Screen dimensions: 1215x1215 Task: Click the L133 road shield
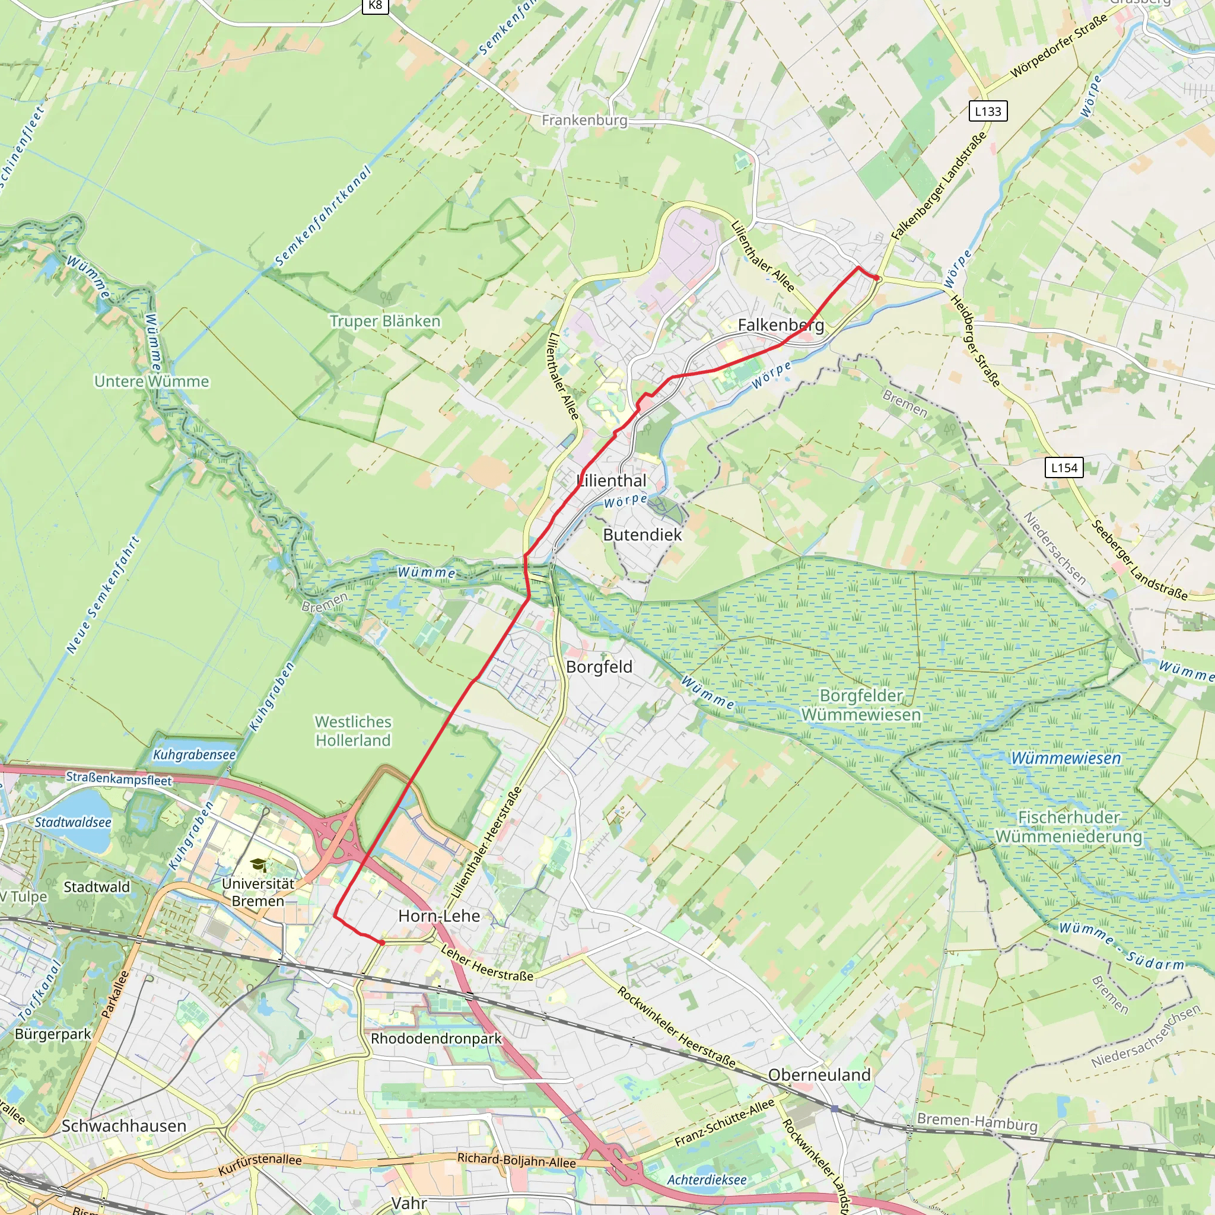pos(988,112)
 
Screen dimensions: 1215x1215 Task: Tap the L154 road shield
pos(1064,468)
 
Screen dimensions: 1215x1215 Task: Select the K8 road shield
pos(376,6)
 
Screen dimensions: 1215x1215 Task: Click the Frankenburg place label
pos(584,120)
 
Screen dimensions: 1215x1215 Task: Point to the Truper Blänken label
pos(385,322)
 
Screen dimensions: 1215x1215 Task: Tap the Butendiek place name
pos(642,535)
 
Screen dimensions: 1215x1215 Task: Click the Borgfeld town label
pos(599,667)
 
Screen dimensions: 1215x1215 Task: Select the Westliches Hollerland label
pos(353,731)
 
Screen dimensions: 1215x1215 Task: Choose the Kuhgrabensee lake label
pos(195,755)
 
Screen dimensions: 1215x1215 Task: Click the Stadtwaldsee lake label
pos(73,822)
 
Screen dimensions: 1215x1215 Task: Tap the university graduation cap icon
pos(258,866)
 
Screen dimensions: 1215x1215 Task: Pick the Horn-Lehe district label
pos(439,915)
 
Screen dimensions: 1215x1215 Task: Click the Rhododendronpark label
pos(436,1038)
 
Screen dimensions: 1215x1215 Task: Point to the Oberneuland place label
pos(819,1075)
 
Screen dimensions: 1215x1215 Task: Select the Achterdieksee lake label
pos(707,1180)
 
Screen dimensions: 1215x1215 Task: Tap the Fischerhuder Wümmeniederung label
pos(1069,827)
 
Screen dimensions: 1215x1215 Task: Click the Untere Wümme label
pos(151,381)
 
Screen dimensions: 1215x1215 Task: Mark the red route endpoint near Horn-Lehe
pos(381,943)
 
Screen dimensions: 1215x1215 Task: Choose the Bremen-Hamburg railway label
pos(977,1122)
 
